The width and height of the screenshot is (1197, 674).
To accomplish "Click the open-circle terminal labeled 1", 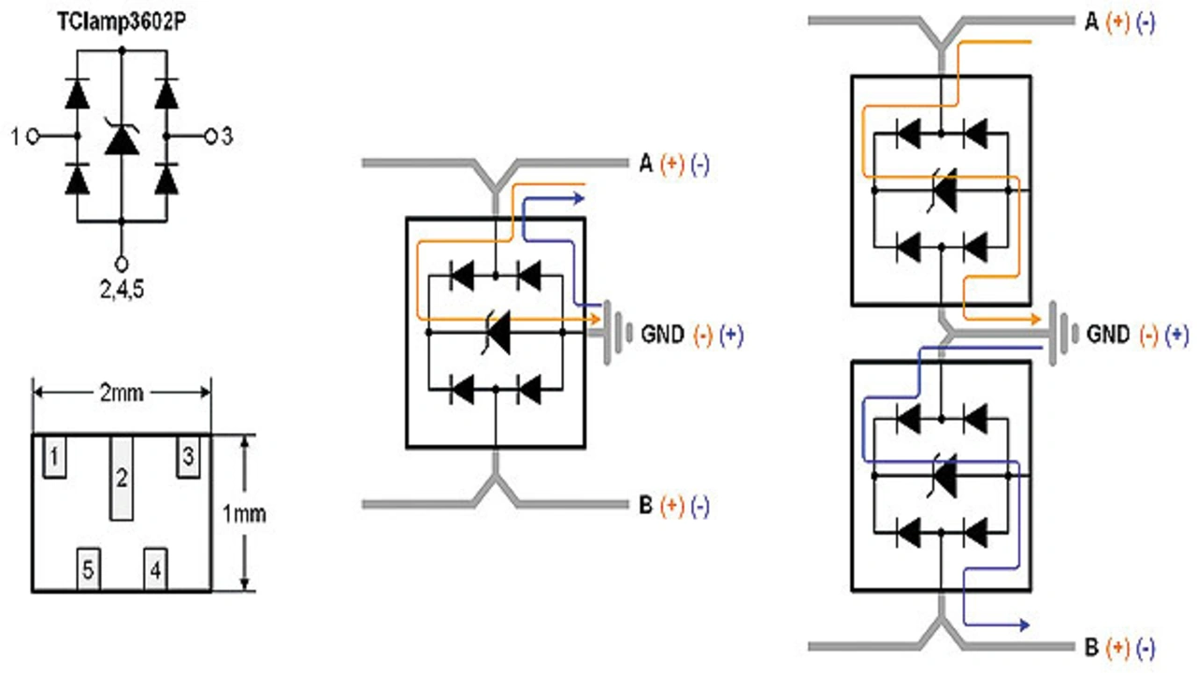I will click(x=33, y=136).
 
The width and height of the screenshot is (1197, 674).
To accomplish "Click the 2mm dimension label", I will click(x=122, y=393).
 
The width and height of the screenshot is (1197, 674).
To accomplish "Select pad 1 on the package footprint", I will click(x=55, y=458).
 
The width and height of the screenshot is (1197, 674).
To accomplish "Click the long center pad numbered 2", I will click(x=122, y=478).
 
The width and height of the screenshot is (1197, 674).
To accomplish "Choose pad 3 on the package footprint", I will click(x=188, y=458).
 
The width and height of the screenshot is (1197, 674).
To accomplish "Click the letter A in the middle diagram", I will click(x=645, y=165).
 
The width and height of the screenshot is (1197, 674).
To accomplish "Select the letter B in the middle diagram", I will click(x=645, y=506).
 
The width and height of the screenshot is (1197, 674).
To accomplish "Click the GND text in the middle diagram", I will click(x=664, y=334).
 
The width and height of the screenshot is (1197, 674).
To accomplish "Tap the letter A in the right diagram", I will click(x=1090, y=22).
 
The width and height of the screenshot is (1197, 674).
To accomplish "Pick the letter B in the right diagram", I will click(x=1090, y=646).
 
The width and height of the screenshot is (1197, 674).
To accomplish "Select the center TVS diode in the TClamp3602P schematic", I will click(x=122, y=140).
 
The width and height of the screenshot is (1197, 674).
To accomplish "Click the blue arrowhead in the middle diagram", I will click(x=579, y=197).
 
